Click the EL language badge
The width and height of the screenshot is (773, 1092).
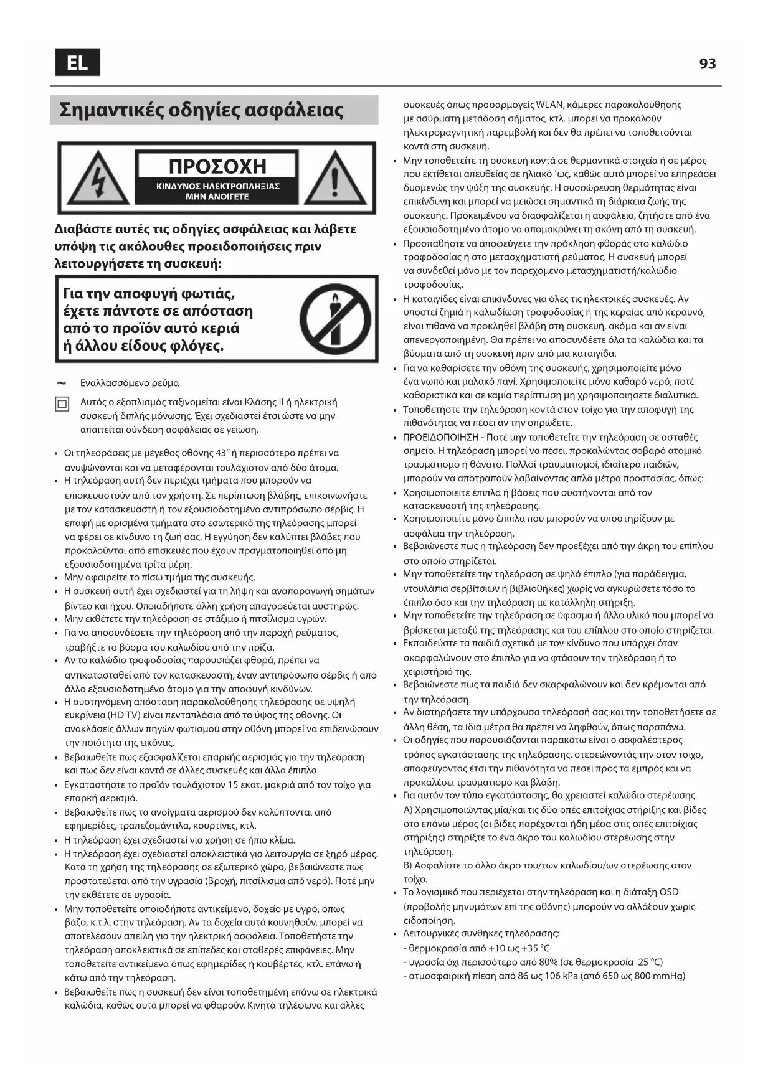pyautogui.click(x=77, y=62)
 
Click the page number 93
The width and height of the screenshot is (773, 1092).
pyautogui.click(x=707, y=64)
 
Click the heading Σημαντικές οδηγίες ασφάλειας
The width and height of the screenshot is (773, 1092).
pyautogui.click(x=202, y=110)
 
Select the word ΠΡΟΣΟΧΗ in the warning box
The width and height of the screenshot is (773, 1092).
pyautogui.click(x=217, y=166)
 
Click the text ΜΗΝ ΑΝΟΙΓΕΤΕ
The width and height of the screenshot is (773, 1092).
pyautogui.click(x=217, y=197)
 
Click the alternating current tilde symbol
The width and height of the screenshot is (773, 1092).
pyautogui.click(x=61, y=382)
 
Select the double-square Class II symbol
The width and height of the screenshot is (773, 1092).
pyautogui.click(x=62, y=405)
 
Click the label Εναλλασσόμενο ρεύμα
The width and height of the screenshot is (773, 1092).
pyautogui.click(x=130, y=383)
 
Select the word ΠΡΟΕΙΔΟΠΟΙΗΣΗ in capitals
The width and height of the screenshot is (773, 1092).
pyautogui.click(x=441, y=437)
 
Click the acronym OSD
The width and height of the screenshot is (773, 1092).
pyautogui.click(x=668, y=892)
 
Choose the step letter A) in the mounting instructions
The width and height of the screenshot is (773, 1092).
pyautogui.click(x=408, y=810)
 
